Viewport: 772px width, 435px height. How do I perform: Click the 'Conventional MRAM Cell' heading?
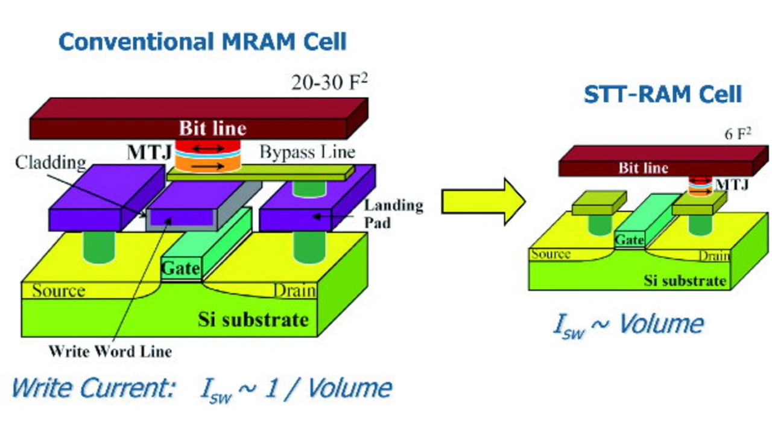click(x=202, y=42)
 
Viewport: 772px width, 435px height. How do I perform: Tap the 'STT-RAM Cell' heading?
click(x=663, y=95)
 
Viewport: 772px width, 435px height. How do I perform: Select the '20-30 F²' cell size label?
click(x=329, y=82)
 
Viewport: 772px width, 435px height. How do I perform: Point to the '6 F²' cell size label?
click(x=738, y=134)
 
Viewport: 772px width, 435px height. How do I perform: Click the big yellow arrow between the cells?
click(x=484, y=202)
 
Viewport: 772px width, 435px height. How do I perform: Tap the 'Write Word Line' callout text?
click(x=110, y=352)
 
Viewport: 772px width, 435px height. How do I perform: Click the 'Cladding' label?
click(x=51, y=163)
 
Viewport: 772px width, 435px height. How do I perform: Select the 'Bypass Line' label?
click(x=308, y=152)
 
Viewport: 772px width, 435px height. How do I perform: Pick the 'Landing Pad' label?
click(x=394, y=214)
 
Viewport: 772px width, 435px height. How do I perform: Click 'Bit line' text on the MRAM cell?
click(x=213, y=129)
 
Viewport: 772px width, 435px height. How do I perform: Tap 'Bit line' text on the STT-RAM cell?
click(x=644, y=168)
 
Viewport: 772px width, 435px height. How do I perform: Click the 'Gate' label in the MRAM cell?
click(x=180, y=268)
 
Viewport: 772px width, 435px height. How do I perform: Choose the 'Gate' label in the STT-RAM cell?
click(x=629, y=240)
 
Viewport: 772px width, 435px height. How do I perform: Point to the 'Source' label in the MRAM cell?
click(x=59, y=291)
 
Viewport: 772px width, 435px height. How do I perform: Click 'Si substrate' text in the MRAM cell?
click(x=253, y=320)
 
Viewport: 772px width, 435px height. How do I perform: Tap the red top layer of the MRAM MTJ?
click(x=208, y=148)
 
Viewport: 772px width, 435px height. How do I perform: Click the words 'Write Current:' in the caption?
click(x=93, y=388)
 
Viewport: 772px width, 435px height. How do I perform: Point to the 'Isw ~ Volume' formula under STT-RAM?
click(x=628, y=325)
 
